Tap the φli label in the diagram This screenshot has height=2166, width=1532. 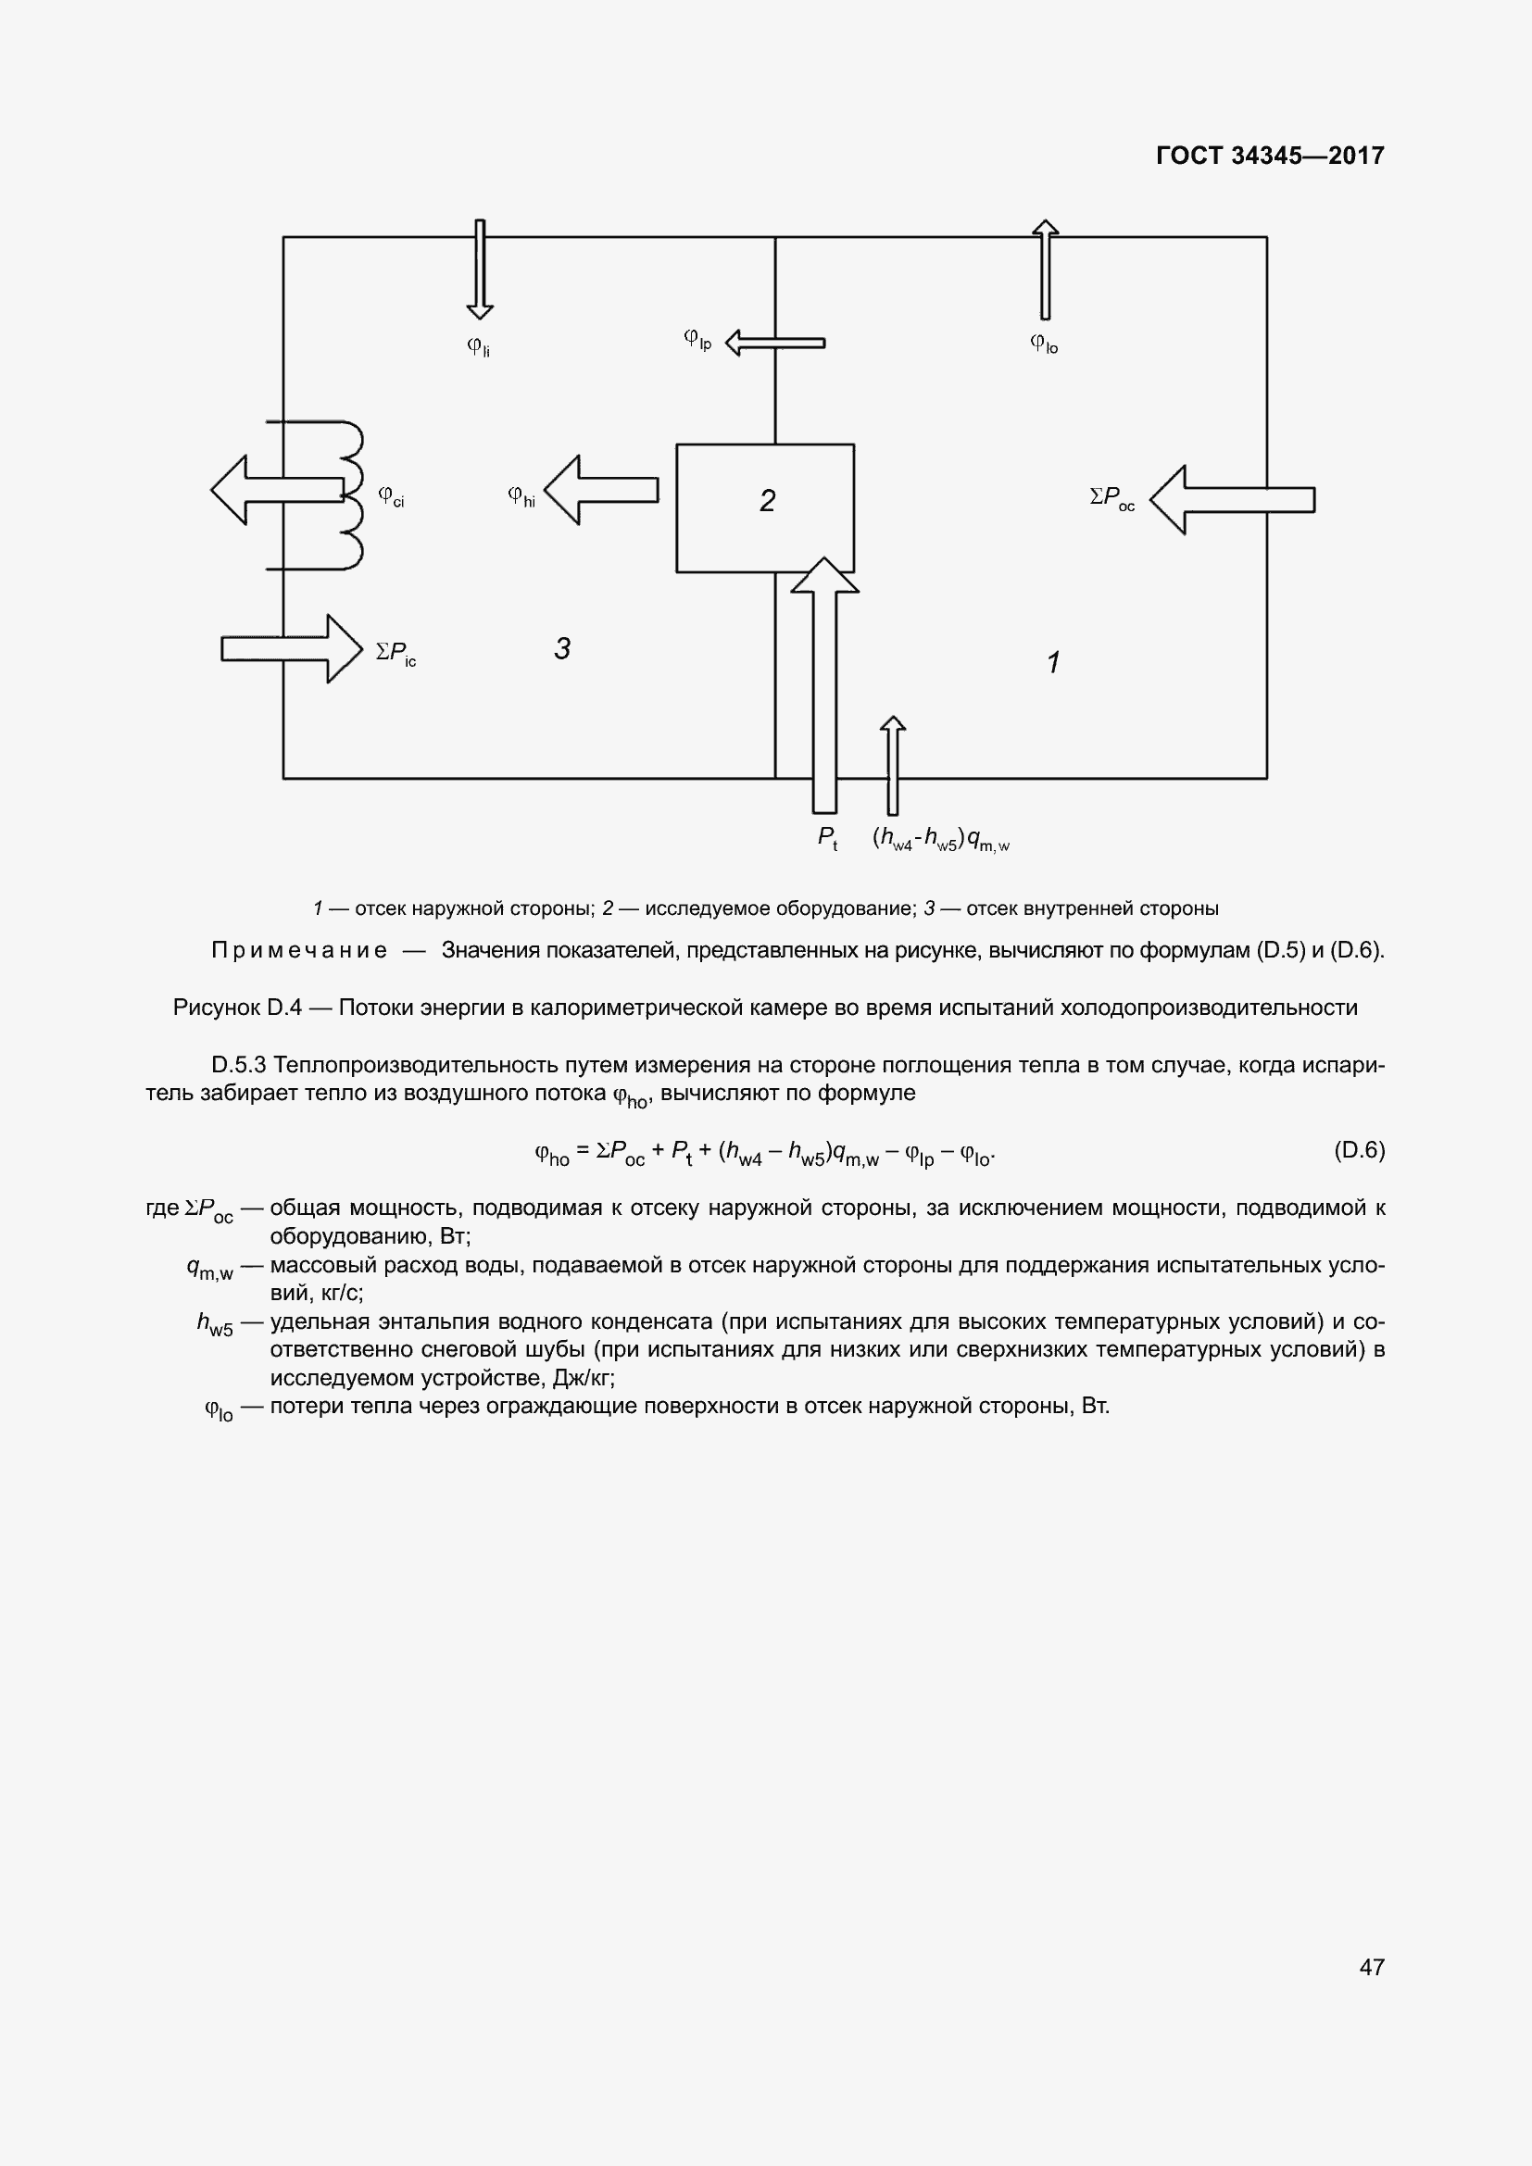pos(478,347)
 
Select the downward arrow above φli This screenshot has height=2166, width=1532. pos(479,269)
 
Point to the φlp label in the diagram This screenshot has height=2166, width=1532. pos(697,340)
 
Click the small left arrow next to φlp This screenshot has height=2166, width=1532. pos(774,343)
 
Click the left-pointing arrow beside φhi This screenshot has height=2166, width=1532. pos(601,490)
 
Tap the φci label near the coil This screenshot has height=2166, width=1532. pos(391,496)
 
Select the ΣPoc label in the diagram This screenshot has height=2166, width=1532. pos(1112,498)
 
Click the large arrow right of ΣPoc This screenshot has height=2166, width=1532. pos(1232,500)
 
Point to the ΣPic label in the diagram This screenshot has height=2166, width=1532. pos(396,653)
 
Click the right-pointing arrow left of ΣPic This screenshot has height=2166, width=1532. pos(292,649)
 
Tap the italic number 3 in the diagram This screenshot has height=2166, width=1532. pos(562,649)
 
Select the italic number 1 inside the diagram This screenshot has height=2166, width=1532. pos(1054,662)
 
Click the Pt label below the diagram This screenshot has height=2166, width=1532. pos(827,838)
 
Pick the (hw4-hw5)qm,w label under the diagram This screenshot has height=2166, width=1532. pos(940,839)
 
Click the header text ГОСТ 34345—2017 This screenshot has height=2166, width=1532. pos(1270,156)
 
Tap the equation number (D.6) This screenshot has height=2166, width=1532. pos(1359,1150)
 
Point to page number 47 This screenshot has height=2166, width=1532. pos(1372,1967)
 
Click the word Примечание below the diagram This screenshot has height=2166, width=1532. pos(299,950)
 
